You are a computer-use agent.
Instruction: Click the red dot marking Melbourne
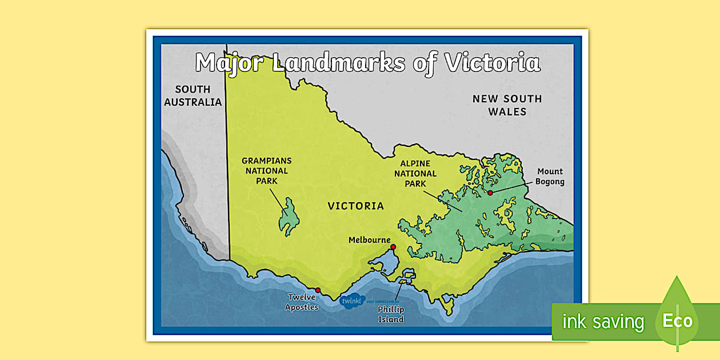click(x=393, y=247)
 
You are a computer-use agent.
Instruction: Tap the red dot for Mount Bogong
click(x=490, y=193)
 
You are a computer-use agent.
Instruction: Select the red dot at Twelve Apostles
click(x=318, y=290)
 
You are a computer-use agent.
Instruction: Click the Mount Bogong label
click(x=549, y=177)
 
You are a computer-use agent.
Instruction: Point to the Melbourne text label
click(x=369, y=241)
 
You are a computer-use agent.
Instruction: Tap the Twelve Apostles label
click(x=302, y=302)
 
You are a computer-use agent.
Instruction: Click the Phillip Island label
click(x=391, y=314)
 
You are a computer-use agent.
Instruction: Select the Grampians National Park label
click(x=266, y=171)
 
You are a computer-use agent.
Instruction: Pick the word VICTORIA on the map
click(x=355, y=206)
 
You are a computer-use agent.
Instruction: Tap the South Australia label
click(x=193, y=96)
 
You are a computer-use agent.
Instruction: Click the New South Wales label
click(x=507, y=105)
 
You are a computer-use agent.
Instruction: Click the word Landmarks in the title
click(x=339, y=63)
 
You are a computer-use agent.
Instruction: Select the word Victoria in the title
click(x=492, y=63)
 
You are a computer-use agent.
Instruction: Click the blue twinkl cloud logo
click(x=352, y=301)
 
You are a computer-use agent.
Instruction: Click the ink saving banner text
click(x=603, y=322)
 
